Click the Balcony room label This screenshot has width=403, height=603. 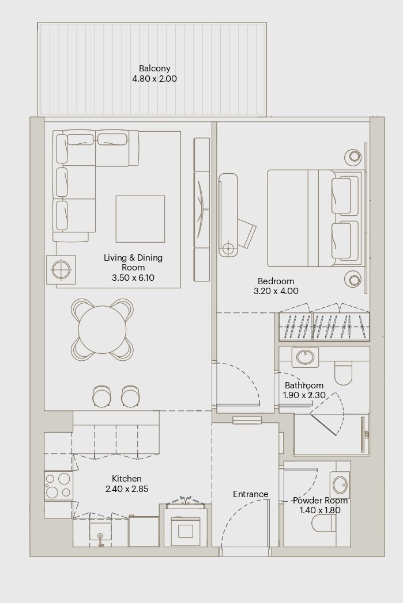coord(155,68)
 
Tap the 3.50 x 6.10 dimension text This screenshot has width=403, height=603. coord(133,278)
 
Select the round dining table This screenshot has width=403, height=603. coord(102,330)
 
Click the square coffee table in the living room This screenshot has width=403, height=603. coord(140,219)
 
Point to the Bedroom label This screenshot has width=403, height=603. coord(276,281)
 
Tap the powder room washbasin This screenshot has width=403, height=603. coord(340,484)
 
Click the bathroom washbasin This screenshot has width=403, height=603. coord(305,358)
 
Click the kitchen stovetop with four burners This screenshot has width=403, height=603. coord(58,485)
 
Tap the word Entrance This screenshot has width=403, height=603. coord(250,494)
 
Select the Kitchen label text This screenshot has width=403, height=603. coord(127,479)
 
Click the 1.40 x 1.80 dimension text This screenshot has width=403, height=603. coord(320,510)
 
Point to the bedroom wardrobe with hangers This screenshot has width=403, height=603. coord(325,326)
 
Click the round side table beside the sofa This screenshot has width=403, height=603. coord(61,270)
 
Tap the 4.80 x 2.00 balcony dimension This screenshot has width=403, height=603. coord(155,79)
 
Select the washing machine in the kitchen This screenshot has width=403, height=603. coord(185,527)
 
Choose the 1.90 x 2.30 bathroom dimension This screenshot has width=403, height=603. coord(304,395)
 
